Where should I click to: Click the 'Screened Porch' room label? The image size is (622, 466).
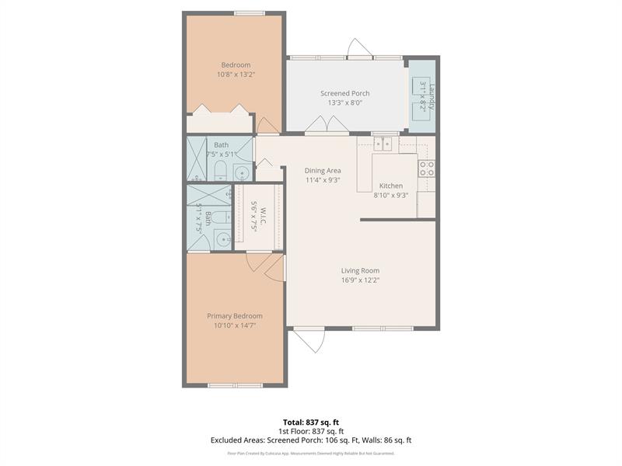pyautogui.click(x=344, y=93)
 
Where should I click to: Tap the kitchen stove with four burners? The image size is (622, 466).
pyautogui.click(x=426, y=169)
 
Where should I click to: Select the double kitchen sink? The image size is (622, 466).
pyautogui.click(x=383, y=144)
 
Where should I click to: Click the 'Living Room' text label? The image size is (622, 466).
pyautogui.click(x=360, y=270)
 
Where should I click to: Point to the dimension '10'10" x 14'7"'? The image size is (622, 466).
pyautogui.click(x=234, y=325)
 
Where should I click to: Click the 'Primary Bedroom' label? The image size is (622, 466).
pyautogui.click(x=234, y=316)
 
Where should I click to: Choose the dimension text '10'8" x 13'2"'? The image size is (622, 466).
pyautogui.click(x=236, y=75)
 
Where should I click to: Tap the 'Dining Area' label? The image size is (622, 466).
pyautogui.click(x=323, y=170)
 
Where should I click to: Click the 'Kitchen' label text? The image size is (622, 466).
pyautogui.click(x=391, y=186)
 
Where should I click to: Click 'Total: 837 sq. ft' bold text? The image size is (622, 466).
pyautogui.click(x=311, y=422)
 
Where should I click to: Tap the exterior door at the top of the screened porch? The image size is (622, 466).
pyautogui.click(x=358, y=48)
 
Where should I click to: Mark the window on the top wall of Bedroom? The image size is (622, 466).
pyautogui.click(x=248, y=12)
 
